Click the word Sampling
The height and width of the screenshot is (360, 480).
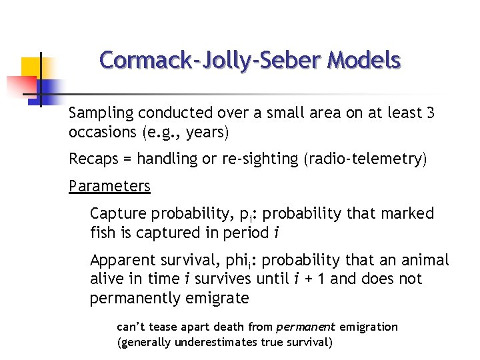97,113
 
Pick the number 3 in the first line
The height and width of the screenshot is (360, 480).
430,113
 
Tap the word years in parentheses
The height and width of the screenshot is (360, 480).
205,132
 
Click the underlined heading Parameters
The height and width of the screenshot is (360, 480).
109,186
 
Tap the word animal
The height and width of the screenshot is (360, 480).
426,260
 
